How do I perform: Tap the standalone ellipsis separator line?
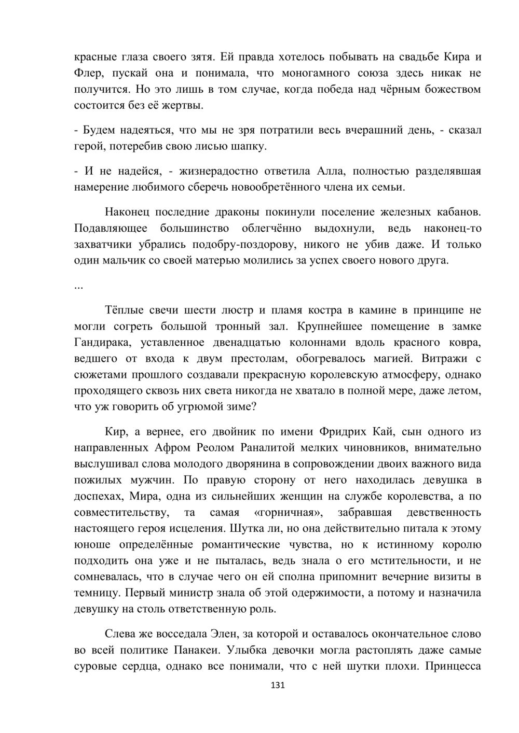(x=79, y=287)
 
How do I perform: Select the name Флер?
(x=88, y=73)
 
